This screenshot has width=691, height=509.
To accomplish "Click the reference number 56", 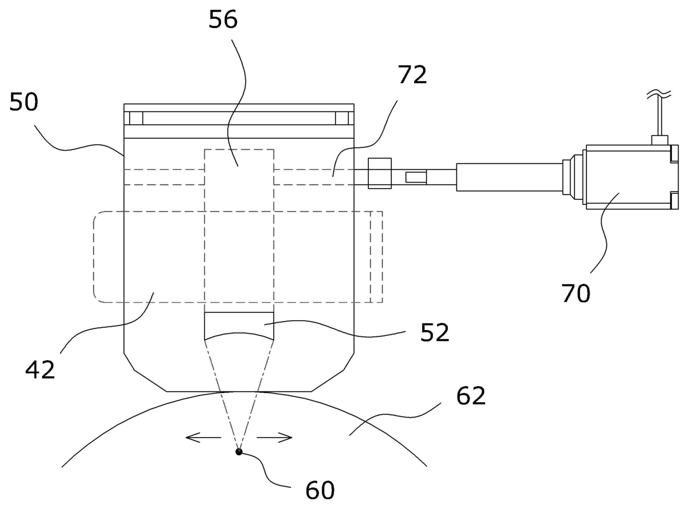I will tap(223, 20).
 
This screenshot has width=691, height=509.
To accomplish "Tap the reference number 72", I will tap(413, 75).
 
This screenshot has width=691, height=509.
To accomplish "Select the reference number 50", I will tap(23, 103).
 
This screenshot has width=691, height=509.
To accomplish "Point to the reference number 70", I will tap(576, 293).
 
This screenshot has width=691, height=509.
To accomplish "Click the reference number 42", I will tap(40, 369).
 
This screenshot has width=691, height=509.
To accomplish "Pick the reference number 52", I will tap(435, 333).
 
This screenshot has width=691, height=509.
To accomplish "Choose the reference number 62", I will tap(471, 396).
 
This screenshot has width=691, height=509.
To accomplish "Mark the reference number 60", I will tap(320, 490).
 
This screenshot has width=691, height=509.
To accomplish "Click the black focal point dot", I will tap(239, 452).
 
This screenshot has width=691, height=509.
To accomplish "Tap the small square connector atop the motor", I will tap(659, 140).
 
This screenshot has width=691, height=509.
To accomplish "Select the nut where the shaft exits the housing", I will tap(379, 173).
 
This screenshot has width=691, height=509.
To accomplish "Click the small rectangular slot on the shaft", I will tap(416, 177).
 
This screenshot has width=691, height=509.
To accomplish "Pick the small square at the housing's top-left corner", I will tap(136, 118).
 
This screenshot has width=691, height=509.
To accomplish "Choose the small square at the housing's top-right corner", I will tap(342, 118).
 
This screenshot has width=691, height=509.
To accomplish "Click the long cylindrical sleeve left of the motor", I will tap(509, 177).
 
